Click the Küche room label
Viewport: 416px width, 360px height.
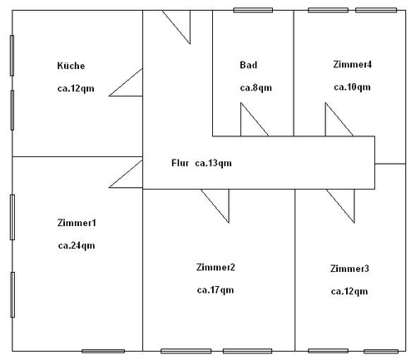click(x=71, y=66)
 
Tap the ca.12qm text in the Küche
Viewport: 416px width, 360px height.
click(x=76, y=89)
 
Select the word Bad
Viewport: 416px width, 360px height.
click(x=249, y=65)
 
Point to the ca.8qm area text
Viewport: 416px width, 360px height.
click(x=256, y=88)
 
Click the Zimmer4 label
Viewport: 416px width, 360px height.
click(x=352, y=64)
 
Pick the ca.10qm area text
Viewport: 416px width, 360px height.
click(x=352, y=87)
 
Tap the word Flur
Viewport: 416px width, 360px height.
click(x=181, y=163)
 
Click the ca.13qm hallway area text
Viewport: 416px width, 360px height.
click(x=213, y=163)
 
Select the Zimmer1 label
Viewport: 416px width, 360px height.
click(x=77, y=223)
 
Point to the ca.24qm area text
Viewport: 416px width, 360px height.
click(x=77, y=246)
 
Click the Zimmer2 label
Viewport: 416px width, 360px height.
click(x=215, y=267)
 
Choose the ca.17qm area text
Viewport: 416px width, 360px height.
click(x=215, y=290)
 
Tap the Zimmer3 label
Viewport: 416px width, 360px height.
click(x=349, y=269)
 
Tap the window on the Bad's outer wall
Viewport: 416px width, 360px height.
click(x=253, y=10)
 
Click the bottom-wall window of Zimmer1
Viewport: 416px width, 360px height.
click(x=103, y=351)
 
